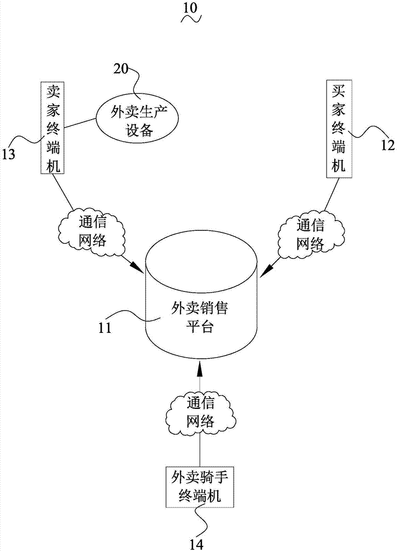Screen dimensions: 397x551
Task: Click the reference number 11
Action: tap(104, 327)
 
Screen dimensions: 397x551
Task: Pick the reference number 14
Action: tap(196, 544)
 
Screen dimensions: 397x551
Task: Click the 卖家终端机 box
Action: tap(53, 128)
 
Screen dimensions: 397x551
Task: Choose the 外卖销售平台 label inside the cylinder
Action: tap(200, 317)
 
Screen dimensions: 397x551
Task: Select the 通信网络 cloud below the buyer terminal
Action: tap(310, 235)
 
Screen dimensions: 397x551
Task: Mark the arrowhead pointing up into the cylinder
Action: tap(200, 369)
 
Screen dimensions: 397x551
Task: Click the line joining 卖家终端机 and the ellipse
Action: tap(81, 123)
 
